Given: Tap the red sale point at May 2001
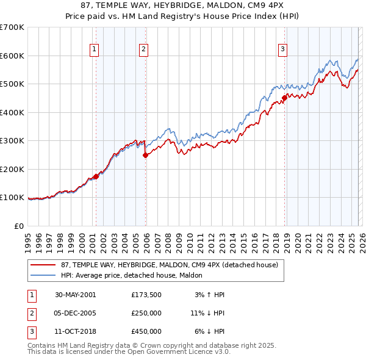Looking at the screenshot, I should (96, 176).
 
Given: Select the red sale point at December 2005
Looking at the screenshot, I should (145, 155).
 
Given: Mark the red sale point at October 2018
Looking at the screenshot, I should (284, 98).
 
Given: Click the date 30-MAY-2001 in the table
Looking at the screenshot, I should (75, 295).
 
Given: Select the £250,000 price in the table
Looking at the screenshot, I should (146, 313).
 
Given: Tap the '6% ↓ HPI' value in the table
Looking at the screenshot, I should (209, 331).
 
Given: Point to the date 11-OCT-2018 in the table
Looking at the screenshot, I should (75, 331).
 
